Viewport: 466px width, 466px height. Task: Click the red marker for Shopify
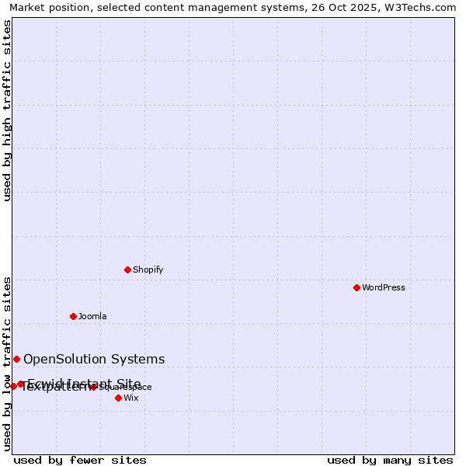click(127, 270)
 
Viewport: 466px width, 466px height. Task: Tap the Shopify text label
click(148, 270)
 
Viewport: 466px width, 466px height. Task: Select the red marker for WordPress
click(356, 287)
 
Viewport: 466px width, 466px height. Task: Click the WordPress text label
click(383, 288)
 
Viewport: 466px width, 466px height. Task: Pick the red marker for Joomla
click(73, 316)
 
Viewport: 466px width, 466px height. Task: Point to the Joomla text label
click(92, 317)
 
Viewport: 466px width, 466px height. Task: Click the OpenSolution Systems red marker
click(16, 359)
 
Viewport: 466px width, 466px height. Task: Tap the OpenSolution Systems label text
click(94, 359)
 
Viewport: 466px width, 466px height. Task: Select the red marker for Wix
click(118, 398)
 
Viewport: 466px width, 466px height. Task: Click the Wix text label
click(131, 398)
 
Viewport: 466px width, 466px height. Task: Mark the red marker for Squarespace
click(93, 387)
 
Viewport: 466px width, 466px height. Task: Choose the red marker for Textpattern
click(14, 386)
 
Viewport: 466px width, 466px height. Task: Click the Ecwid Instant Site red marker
click(21, 384)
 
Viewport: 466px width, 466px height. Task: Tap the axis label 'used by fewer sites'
click(80, 460)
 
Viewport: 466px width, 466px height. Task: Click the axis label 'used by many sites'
click(390, 460)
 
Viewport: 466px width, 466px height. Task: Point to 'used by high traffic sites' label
click(7, 110)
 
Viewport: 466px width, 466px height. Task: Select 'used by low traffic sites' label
click(7, 363)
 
